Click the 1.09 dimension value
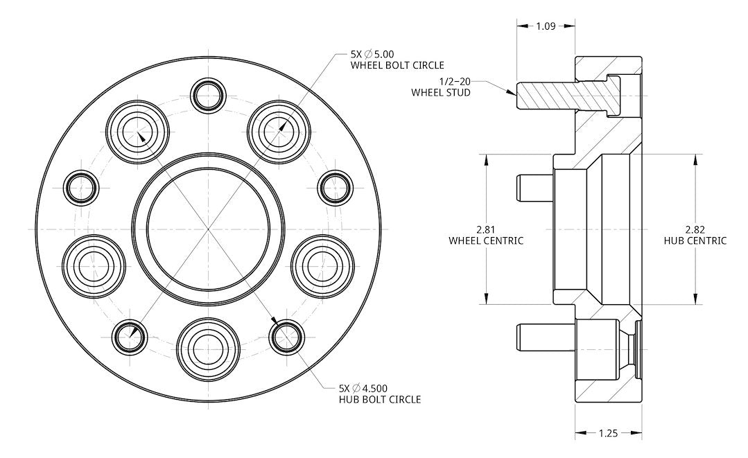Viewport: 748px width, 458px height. (x=546, y=26)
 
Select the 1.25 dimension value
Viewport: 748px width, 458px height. (x=608, y=433)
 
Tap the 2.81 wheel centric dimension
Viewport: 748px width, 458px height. (x=486, y=229)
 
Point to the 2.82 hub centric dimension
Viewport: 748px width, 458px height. (x=695, y=229)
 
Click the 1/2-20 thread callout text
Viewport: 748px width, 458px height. (x=455, y=82)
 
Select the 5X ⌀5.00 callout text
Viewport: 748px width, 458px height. (x=372, y=54)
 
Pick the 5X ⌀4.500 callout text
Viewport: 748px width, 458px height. (x=363, y=389)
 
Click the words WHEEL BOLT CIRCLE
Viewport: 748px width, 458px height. (x=397, y=65)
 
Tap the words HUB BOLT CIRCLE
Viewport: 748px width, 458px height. (x=380, y=399)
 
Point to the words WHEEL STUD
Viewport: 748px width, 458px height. (x=441, y=92)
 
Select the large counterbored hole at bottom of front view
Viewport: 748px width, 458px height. (x=208, y=349)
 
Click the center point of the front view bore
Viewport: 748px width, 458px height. (x=209, y=229)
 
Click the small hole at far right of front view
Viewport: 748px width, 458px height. (x=335, y=188)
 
